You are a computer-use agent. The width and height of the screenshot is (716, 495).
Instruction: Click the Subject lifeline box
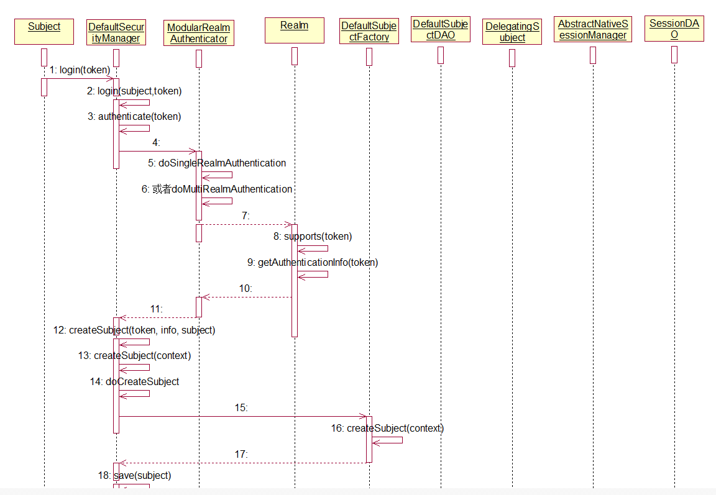(44, 32)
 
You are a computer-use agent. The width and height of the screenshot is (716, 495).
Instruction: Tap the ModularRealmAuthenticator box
(199, 33)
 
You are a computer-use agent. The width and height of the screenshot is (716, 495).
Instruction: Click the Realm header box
(294, 30)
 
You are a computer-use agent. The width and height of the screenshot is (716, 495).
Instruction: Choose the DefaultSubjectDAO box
(441, 30)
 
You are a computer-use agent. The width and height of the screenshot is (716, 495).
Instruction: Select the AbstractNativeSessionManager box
(593, 30)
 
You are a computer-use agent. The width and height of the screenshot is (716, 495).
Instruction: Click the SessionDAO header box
(674, 29)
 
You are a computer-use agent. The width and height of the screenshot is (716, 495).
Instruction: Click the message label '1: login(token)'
(80, 70)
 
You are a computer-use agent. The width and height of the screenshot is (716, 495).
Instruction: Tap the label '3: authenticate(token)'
(134, 116)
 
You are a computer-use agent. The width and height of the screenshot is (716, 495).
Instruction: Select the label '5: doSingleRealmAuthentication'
(217, 163)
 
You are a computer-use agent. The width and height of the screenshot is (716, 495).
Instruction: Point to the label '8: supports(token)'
(313, 236)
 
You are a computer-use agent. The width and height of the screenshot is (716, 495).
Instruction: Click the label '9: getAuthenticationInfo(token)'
(313, 262)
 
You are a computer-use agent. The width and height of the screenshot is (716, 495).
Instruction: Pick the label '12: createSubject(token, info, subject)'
(134, 330)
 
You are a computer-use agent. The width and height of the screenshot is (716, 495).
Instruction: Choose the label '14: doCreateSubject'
(134, 381)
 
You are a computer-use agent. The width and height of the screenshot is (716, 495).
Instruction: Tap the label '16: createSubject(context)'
(387, 428)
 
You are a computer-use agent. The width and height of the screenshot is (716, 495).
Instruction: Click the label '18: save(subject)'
(134, 475)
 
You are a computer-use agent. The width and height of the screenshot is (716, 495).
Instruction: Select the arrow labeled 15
(242, 417)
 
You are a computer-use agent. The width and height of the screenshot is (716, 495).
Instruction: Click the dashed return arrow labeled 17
(242, 463)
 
